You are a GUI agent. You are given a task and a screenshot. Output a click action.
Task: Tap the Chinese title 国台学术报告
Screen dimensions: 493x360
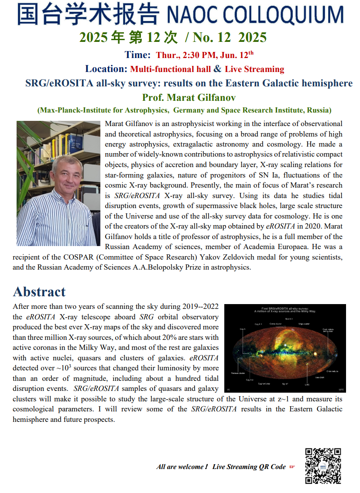click(88, 14)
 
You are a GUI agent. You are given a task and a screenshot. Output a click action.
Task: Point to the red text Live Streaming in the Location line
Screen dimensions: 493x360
click(254, 69)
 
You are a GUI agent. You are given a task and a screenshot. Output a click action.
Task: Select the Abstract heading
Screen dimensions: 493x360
click(39, 291)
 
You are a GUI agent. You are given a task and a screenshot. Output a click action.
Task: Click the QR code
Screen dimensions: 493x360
click(322, 466)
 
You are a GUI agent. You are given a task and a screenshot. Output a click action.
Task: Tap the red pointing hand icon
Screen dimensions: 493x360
click(292, 467)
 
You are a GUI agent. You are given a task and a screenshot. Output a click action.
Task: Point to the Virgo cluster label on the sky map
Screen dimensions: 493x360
click(304, 324)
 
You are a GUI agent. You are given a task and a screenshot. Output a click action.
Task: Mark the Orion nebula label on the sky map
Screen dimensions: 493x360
click(333, 371)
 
